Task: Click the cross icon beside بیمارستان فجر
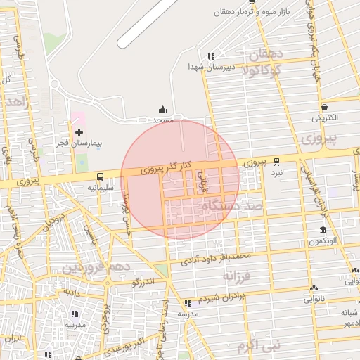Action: (79, 131)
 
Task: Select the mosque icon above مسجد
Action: (163, 109)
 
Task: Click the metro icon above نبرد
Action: (277, 162)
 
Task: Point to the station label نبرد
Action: (277, 172)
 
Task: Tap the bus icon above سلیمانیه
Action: (100, 177)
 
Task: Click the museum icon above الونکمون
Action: (323, 231)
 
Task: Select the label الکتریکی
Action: (325, 117)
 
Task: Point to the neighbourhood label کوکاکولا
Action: (258, 70)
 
